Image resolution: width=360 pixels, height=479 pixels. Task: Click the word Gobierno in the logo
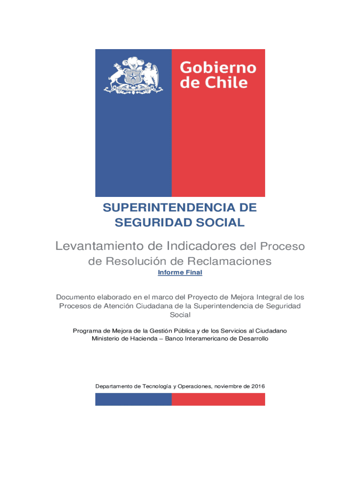[218, 68]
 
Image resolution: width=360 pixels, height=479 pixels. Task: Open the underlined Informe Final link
[180, 272]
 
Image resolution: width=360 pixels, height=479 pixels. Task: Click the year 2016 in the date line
[258, 386]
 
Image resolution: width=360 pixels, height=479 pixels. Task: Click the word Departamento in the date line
[114, 386]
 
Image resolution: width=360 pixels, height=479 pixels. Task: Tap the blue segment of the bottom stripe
[133, 399]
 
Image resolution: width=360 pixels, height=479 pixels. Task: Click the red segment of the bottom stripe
[218, 399]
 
